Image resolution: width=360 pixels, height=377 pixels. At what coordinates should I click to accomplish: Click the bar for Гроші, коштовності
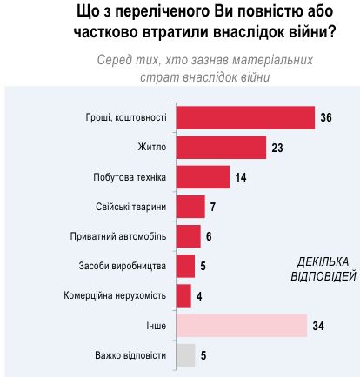244,117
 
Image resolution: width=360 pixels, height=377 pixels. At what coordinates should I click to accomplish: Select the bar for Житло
220,148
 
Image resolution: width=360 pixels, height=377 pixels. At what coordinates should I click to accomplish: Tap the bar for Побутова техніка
202,177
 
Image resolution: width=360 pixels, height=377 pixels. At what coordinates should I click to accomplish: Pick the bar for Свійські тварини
190,207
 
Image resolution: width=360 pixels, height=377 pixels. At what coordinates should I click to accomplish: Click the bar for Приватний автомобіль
188,236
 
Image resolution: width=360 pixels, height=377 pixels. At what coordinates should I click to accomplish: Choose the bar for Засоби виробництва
185,266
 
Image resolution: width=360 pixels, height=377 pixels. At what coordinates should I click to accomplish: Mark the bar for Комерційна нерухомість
183,295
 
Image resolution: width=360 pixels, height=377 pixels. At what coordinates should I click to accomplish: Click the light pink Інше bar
241,326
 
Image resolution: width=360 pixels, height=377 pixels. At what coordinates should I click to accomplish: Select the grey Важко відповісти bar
185,355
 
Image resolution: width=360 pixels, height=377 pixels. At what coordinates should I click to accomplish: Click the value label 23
277,148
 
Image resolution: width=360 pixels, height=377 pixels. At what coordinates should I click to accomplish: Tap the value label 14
241,177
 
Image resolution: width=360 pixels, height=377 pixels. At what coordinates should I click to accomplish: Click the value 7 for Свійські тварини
213,207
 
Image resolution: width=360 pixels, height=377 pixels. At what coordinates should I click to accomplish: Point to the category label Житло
151,148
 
